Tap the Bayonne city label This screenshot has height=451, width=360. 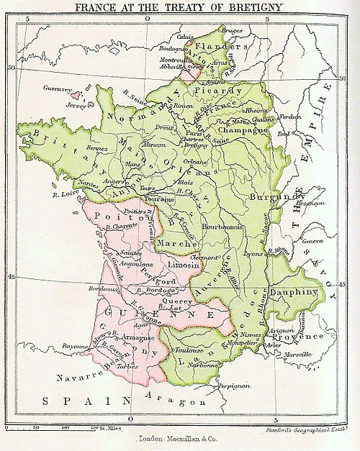[x=76, y=347]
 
